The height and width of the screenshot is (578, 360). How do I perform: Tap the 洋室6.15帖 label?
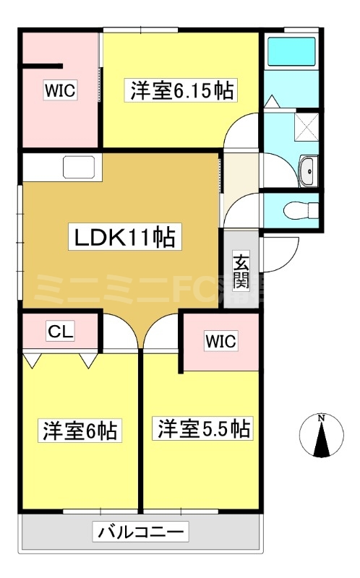click(181, 91)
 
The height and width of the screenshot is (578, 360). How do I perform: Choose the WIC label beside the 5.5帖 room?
click(220, 341)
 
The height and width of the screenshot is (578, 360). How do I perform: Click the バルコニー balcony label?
click(141, 532)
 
